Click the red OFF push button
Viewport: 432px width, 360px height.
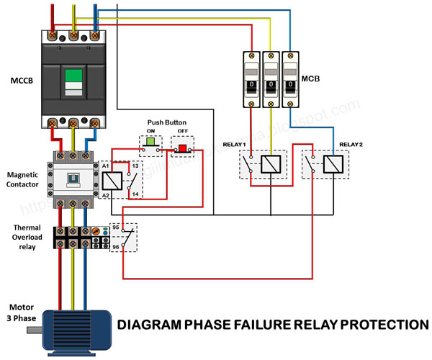point(183,148)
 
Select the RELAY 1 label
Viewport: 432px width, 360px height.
point(235,145)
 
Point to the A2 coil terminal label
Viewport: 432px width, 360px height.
point(105,195)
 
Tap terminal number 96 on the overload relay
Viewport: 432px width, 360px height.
point(114,247)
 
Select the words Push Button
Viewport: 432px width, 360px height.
point(166,123)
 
